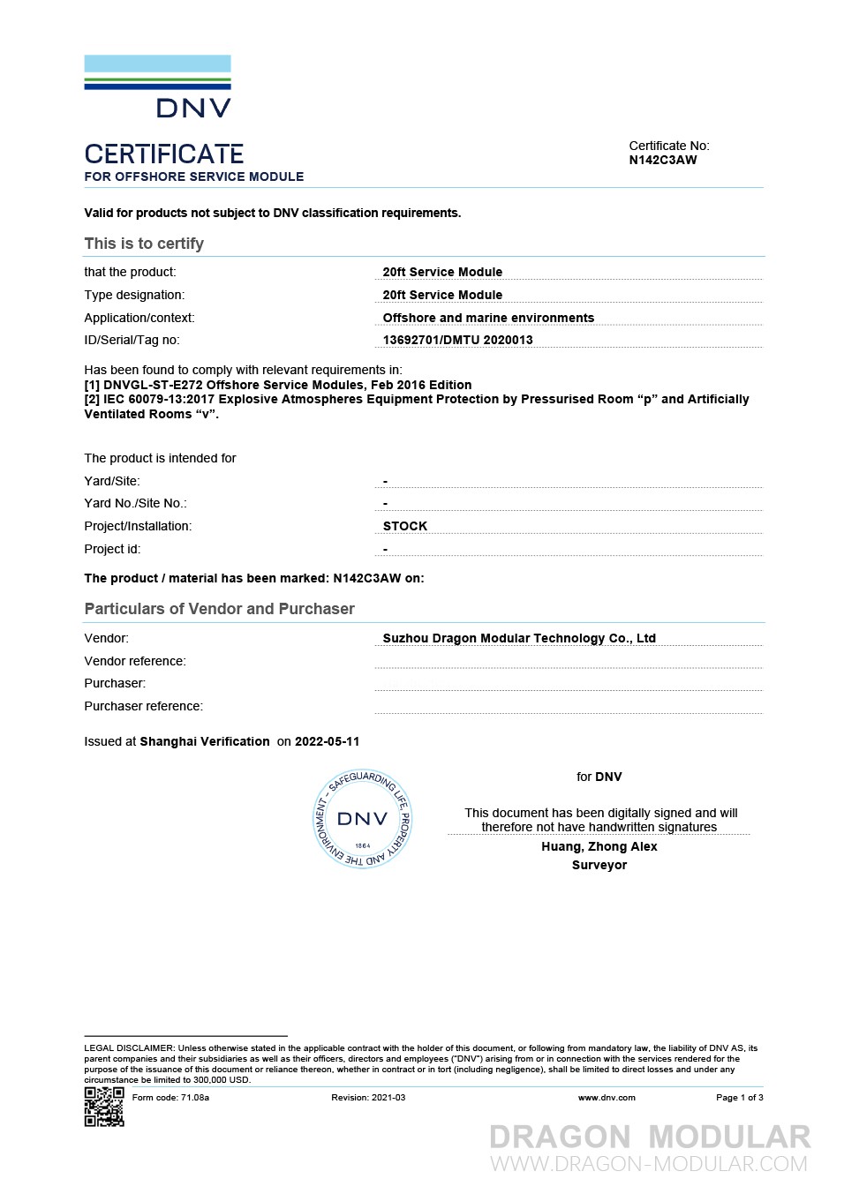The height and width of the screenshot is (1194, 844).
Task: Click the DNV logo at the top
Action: [158, 86]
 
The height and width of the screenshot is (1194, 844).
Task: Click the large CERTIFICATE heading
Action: [164, 154]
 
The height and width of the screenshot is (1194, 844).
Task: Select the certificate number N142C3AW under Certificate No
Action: [662, 161]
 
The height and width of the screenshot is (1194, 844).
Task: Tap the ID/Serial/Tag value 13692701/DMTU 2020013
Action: [457, 341]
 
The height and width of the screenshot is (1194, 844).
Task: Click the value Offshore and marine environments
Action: [488, 318]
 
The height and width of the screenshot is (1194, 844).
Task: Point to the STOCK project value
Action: [405, 526]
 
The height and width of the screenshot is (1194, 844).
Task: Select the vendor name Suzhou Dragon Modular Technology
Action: [519, 638]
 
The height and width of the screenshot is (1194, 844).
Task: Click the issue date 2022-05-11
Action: [327, 742]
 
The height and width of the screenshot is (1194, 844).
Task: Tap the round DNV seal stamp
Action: [363, 819]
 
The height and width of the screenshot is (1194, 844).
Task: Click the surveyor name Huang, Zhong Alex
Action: [599, 847]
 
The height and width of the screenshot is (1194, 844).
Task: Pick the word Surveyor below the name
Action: [599, 866]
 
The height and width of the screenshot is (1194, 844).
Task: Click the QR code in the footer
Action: [104, 1107]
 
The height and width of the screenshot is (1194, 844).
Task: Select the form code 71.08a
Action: [194, 1098]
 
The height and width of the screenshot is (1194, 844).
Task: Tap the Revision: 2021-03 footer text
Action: [368, 1098]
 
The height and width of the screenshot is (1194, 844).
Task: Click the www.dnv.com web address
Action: [607, 1098]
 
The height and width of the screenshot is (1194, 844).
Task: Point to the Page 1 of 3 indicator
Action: [739, 1098]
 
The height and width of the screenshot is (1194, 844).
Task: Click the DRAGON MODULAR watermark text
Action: [650, 1138]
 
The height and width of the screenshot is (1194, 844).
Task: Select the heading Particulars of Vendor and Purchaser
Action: [219, 609]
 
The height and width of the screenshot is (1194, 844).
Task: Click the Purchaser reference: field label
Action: [143, 707]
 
